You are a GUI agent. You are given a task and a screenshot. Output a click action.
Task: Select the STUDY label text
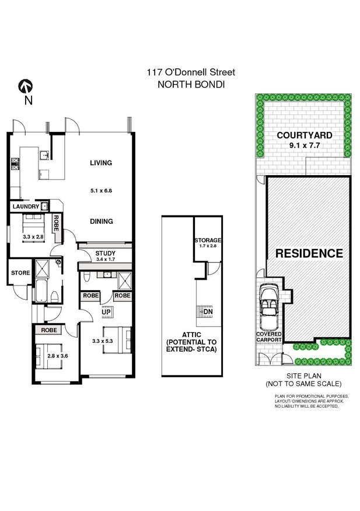106,253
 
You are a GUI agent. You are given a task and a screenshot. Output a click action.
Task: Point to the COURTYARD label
304,135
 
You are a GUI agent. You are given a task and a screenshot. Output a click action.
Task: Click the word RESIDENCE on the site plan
309,253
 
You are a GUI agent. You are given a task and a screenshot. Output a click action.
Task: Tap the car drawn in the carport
269,307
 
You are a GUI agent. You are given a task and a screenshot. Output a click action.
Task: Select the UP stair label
106,312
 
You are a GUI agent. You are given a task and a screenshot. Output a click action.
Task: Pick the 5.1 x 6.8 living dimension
101,190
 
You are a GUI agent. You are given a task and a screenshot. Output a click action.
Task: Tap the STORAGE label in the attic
208,240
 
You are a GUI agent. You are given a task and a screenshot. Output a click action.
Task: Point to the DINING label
101,221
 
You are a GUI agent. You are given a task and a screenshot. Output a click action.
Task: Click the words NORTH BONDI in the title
191,84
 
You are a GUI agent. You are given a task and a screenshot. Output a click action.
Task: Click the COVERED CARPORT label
269,336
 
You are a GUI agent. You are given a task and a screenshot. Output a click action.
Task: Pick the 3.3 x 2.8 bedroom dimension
33,237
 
